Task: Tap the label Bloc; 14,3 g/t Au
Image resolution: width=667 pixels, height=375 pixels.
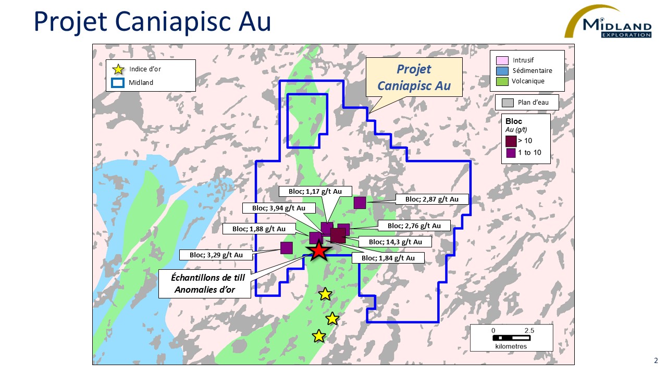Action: pyautogui.click(x=392, y=242)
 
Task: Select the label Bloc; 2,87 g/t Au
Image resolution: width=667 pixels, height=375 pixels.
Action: pyautogui.click(x=431, y=199)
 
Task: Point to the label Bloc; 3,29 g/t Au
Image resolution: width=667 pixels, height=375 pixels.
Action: pyautogui.click(x=216, y=255)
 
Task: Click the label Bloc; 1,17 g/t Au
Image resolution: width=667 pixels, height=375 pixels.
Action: pyautogui.click(x=315, y=192)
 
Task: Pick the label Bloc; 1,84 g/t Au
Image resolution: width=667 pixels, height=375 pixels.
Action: pyautogui.click(x=388, y=258)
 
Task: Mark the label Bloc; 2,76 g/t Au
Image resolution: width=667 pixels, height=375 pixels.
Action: pyautogui.click(x=413, y=226)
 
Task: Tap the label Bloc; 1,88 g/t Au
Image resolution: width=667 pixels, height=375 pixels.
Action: pyautogui.click(x=259, y=229)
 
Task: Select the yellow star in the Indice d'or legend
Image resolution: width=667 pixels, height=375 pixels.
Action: pyautogui.click(x=119, y=69)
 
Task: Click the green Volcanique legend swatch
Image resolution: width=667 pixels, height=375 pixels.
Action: pyautogui.click(x=502, y=81)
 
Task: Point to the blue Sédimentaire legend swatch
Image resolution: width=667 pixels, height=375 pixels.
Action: pyautogui.click(x=502, y=71)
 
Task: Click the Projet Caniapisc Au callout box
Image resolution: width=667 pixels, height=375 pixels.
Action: pyautogui.click(x=414, y=76)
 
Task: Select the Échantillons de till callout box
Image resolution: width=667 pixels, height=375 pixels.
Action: pyautogui.click(x=204, y=284)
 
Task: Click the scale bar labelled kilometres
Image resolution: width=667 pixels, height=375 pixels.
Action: pyautogui.click(x=511, y=337)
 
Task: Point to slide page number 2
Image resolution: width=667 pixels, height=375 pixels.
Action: pyautogui.click(x=656, y=360)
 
